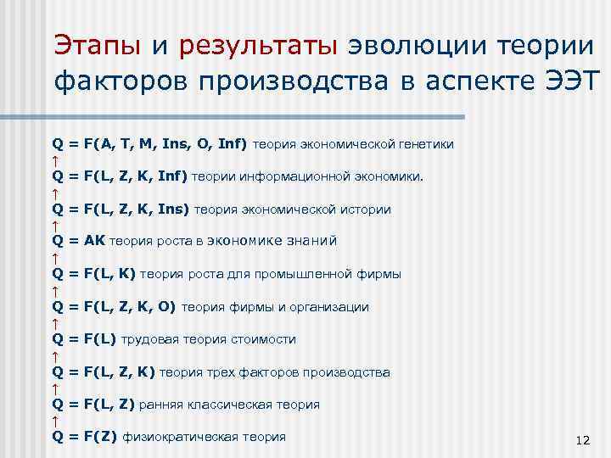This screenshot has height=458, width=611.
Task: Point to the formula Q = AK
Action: click(x=80, y=242)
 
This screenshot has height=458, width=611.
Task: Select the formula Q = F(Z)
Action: click(x=85, y=438)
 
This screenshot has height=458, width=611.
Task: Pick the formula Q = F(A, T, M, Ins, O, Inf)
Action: click(x=149, y=144)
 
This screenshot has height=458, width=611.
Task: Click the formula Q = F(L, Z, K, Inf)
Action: click(x=120, y=176)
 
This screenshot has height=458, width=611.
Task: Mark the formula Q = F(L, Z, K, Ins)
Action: click(x=121, y=209)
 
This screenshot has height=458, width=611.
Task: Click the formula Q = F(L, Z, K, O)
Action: click(x=115, y=307)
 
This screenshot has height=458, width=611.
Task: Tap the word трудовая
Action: click(x=149, y=339)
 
